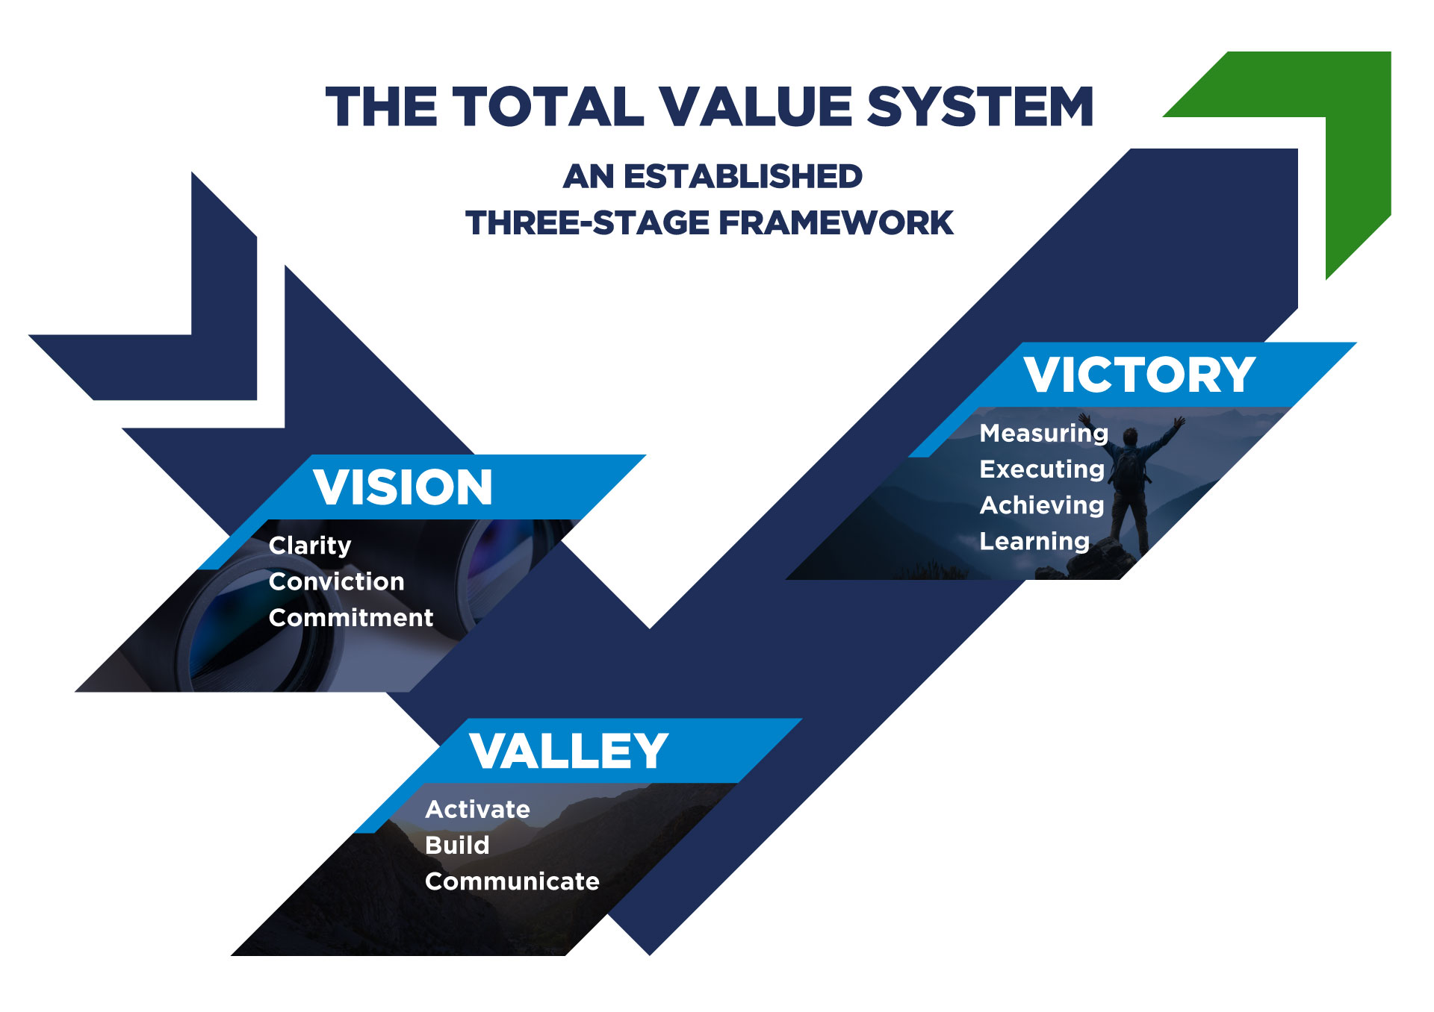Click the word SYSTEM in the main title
pyautogui.click(x=980, y=107)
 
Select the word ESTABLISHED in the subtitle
pyautogui.click(x=743, y=177)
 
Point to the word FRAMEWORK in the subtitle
pyautogui.click(x=836, y=223)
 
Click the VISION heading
pyautogui.click(x=403, y=487)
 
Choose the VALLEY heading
pyautogui.click(x=568, y=751)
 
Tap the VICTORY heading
pyautogui.click(x=1139, y=375)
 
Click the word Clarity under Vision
pyautogui.click(x=310, y=546)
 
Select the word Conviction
pyautogui.click(x=337, y=581)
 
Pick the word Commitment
pyautogui.click(x=351, y=618)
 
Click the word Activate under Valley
pyautogui.click(x=478, y=809)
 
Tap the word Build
pyautogui.click(x=457, y=845)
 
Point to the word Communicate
pyautogui.click(x=512, y=881)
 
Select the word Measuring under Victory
pyautogui.click(x=1043, y=433)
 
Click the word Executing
pyautogui.click(x=1042, y=469)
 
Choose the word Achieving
pyautogui.click(x=1042, y=505)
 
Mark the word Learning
pyautogui.click(x=1034, y=541)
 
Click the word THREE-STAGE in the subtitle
pyautogui.click(x=587, y=223)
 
